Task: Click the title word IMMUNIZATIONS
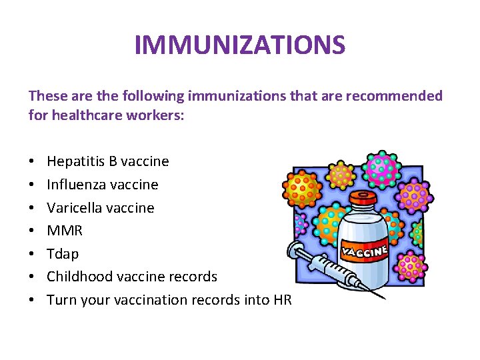point(240,45)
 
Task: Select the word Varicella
point(71,208)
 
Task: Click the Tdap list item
point(63,254)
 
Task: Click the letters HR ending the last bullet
point(283,300)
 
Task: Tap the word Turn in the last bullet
point(62,300)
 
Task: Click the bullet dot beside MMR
point(32,231)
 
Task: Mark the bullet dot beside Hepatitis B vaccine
point(32,162)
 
